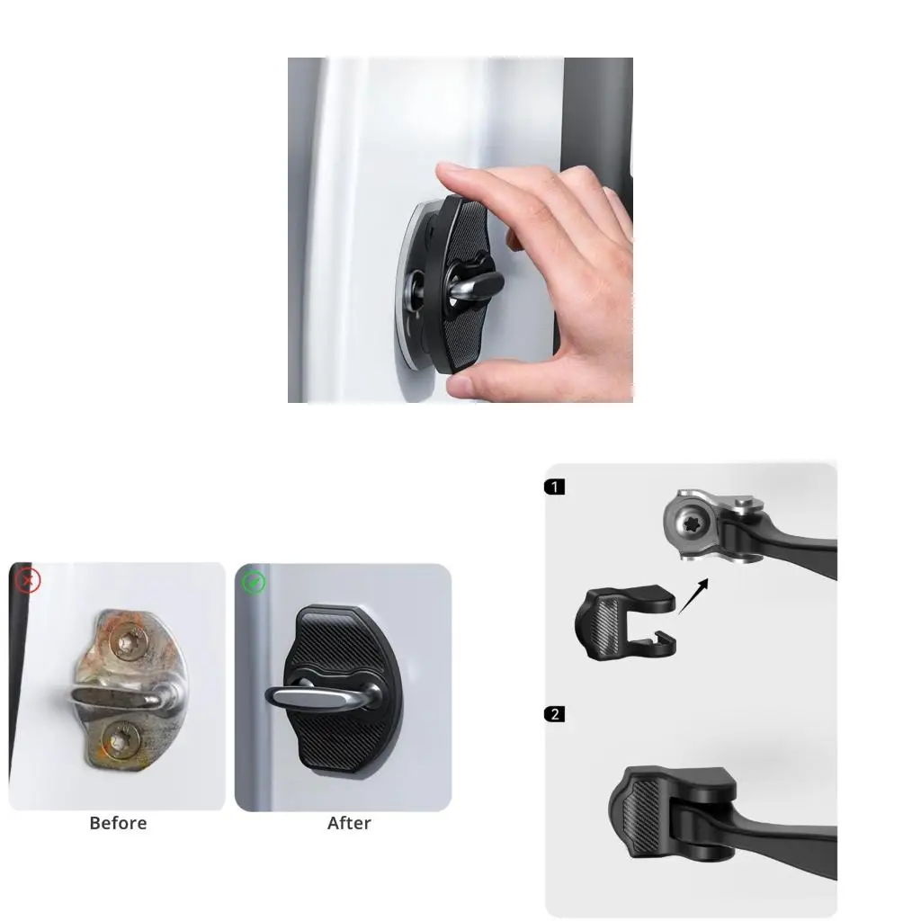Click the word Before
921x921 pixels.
pyautogui.click(x=118, y=823)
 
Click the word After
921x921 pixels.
pyautogui.click(x=349, y=823)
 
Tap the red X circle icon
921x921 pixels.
pyautogui.click(x=28, y=580)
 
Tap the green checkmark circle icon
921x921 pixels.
pyautogui.click(x=255, y=583)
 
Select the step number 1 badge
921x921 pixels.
pyautogui.click(x=556, y=487)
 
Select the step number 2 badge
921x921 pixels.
pyautogui.click(x=556, y=714)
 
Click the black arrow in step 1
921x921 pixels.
pyautogui.click(x=693, y=596)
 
